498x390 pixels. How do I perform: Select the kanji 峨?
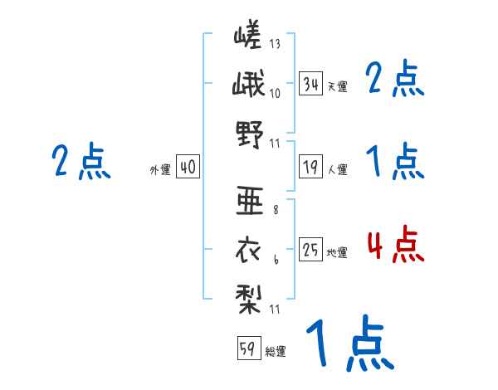249,85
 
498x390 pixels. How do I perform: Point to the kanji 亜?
249,199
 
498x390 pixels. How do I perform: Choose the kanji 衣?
249,248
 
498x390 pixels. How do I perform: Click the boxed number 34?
311,84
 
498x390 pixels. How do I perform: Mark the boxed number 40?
188,168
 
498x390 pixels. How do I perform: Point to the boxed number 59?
247,349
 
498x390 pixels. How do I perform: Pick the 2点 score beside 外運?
81,161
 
